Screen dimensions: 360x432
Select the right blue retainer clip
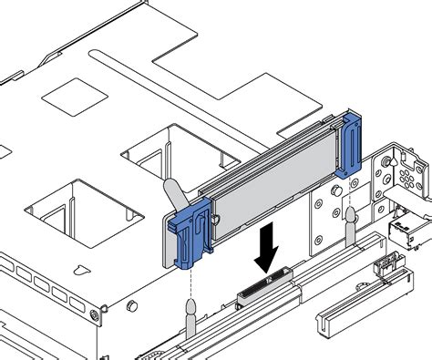tap(349, 146)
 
